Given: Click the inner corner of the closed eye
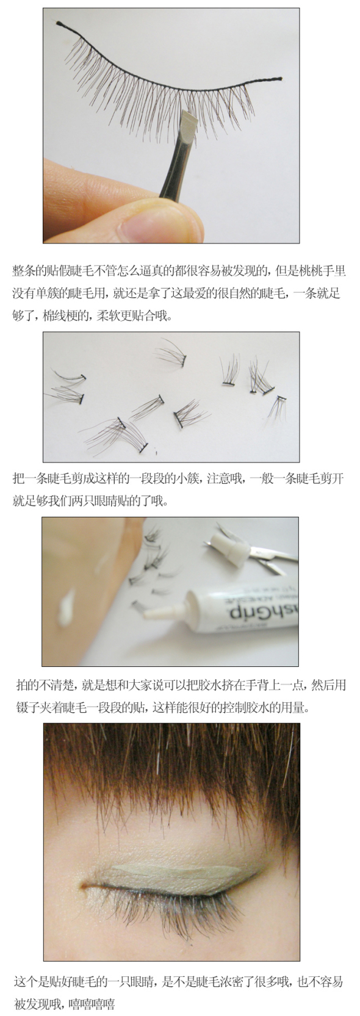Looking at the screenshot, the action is pyautogui.click(x=84, y=885).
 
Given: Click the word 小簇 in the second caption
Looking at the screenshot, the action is pyautogui.click(x=189, y=479).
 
